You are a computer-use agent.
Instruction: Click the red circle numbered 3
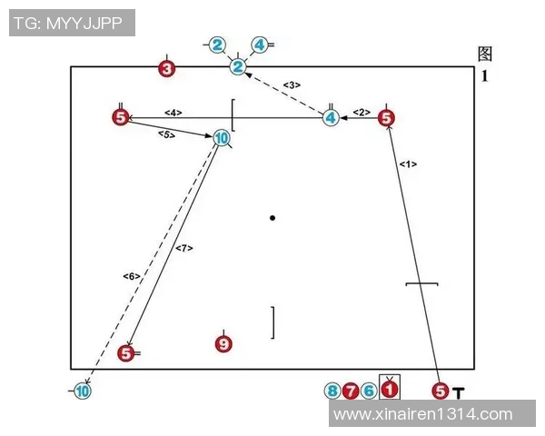[166, 68]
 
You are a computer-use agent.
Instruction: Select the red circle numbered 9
[223, 343]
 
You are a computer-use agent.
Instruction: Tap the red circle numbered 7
[351, 391]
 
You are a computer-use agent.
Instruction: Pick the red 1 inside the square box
[389, 390]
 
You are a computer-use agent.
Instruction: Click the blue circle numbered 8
[333, 391]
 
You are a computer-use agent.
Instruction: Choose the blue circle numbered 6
[368, 391]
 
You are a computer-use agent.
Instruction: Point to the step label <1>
[408, 164]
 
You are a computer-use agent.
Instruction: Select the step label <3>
[291, 84]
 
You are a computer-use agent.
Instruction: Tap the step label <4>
[173, 113]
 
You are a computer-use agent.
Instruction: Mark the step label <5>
[166, 134]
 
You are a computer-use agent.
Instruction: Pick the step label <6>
[130, 276]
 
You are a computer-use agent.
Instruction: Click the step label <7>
[183, 248]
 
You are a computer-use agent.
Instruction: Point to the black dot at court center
[272, 218]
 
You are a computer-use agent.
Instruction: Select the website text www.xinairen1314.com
[423, 414]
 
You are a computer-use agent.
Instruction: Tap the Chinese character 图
[485, 54]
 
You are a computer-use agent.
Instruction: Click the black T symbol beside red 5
[460, 392]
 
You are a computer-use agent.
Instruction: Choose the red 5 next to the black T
[441, 391]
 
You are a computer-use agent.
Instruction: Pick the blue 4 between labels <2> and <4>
[331, 117]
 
